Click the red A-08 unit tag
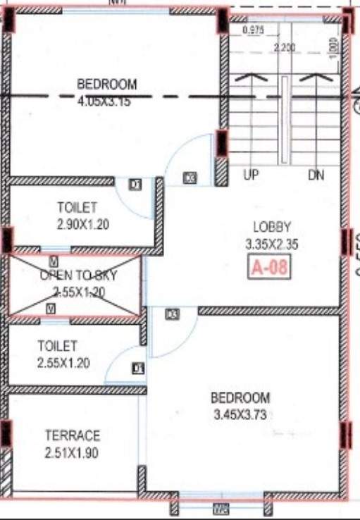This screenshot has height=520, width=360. pyautogui.click(x=270, y=268)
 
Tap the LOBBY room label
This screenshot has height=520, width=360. pyautogui.click(x=273, y=227)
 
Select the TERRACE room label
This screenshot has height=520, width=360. pyautogui.click(x=73, y=435)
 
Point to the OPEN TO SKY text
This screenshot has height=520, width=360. pyautogui.click(x=78, y=275)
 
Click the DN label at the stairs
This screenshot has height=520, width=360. pyautogui.click(x=316, y=175)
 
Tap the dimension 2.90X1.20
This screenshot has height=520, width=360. pyautogui.click(x=77, y=225)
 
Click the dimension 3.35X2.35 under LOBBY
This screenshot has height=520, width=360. pyautogui.click(x=273, y=244)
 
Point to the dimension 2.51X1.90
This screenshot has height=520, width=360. pyautogui.click(x=73, y=453)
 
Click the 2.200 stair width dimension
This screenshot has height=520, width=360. pyautogui.click(x=285, y=47)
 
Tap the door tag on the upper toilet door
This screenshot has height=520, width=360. pyautogui.click(x=135, y=185)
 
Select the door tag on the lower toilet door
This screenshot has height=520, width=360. pyautogui.click(x=138, y=368)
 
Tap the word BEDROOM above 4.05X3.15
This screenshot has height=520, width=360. pyautogui.click(x=107, y=85)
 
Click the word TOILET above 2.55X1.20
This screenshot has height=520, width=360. pyautogui.click(x=58, y=347)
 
